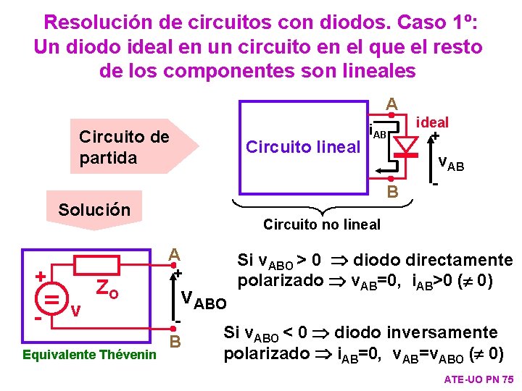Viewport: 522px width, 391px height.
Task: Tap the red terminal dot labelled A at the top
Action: pyautogui.click(x=390, y=115)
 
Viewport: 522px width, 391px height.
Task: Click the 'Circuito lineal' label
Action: pyautogui.click(x=303, y=147)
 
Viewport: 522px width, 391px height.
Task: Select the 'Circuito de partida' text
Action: pyautogui.click(x=123, y=146)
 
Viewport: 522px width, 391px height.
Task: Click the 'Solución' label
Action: pyautogui.click(x=94, y=210)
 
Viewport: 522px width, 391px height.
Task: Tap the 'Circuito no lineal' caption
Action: pyautogui.click(x=321, y=224)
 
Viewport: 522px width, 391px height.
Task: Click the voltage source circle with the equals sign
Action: pyautogui.click(x=51, y=298)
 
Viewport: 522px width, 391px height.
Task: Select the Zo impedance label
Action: pyautogui.click(x=107, y=290)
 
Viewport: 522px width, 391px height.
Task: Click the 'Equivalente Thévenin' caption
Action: pyautogui.click(x=89, y=355)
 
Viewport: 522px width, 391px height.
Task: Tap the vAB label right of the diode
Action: pyautogui.click(x=451, y=164)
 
